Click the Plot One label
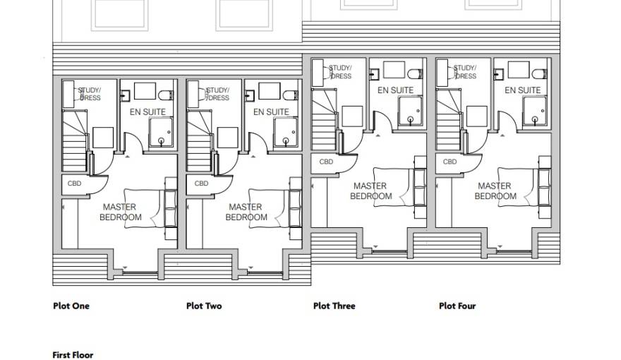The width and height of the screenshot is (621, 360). (71, 306)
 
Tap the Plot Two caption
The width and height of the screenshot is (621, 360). (204, 306)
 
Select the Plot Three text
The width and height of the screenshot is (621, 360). (334, 306)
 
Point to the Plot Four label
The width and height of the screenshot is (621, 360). (457, 306)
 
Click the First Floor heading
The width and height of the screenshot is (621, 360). (73, 355)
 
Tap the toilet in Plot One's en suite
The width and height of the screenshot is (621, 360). (166, 95)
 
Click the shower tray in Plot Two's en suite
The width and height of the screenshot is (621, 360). (285, 132)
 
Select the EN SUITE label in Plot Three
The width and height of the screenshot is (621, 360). (395, 90)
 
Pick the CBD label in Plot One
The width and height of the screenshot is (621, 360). (75, 184)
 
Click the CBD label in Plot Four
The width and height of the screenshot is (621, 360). (450, 162)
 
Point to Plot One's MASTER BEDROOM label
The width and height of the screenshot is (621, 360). (121, 212)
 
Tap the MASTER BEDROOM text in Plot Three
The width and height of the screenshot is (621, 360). (371, 191)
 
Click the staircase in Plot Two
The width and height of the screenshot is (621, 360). (199, 141)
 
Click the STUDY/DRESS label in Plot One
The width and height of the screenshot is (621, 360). (90, 94)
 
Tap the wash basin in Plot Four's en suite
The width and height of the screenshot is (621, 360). (499, 73)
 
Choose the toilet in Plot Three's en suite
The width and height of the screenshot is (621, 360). (416, 74)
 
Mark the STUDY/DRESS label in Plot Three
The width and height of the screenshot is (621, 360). (340, 72)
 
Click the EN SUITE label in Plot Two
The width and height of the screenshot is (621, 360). (271, 112)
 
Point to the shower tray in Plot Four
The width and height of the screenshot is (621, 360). (535, 112)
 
